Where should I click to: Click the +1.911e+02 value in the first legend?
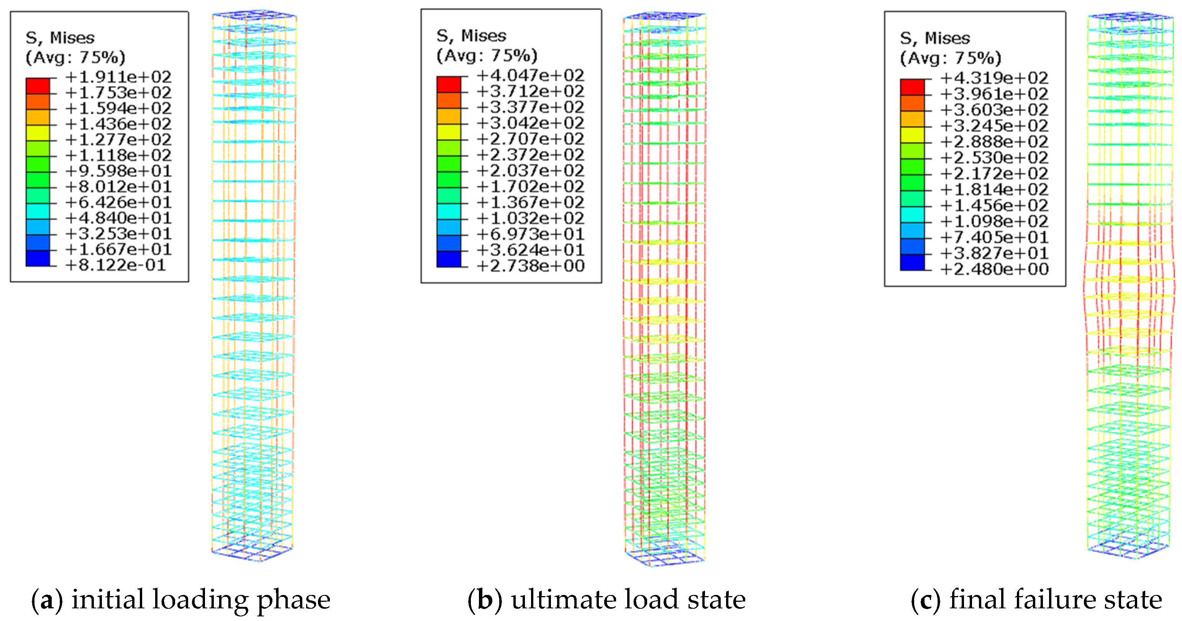[118, 77]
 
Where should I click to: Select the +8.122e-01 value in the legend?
[116, 265]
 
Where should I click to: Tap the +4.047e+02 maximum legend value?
[530, 75]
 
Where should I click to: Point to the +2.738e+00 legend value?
[530, 266]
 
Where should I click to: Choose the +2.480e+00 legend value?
[994, 269]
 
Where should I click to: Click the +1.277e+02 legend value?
[118, 140]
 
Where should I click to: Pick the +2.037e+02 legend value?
[530, 170]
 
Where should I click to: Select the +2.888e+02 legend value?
[994, 141]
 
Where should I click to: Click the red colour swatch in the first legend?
[38, 86]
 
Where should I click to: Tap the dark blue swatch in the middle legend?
[448, 259]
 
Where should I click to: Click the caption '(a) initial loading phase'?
[181, 600]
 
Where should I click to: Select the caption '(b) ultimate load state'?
[607, 600]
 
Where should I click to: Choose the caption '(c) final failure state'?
[1036, 600]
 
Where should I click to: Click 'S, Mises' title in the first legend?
[60, 38]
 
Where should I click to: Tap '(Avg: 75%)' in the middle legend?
[486, 56]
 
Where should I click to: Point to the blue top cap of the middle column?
[665, 16]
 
